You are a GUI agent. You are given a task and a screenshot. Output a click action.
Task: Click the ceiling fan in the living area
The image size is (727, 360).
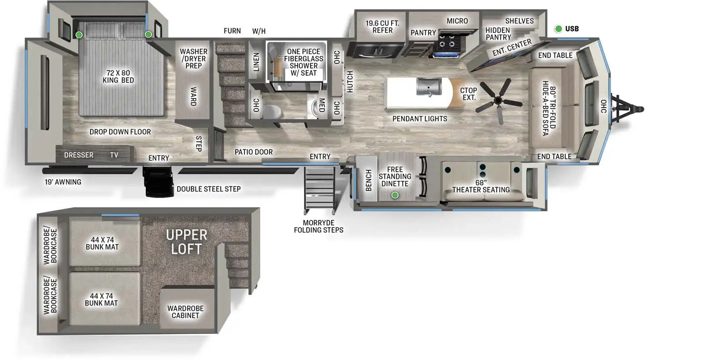pos(499,100)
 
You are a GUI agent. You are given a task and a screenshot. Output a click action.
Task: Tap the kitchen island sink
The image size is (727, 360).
pos(429,87)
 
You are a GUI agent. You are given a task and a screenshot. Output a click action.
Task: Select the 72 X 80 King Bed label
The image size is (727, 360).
pos(118,76)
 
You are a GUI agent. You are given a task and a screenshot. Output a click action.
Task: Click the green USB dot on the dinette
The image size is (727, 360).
pos(395,195)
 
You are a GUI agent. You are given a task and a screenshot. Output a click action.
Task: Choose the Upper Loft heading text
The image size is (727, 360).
pos(187,242)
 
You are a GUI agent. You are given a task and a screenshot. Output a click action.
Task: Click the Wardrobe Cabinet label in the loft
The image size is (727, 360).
pos(185,312)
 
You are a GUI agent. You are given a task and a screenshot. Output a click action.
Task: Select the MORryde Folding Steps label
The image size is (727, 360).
pos(319,226)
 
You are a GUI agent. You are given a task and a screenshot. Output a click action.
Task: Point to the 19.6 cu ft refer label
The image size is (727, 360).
pos(382,27)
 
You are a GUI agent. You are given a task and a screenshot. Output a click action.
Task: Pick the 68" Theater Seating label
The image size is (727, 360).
pos(481,186)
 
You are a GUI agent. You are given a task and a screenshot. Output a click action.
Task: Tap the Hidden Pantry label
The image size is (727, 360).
pos(498,34)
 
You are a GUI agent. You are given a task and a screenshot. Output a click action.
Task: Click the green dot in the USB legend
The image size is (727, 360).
pos(558,29)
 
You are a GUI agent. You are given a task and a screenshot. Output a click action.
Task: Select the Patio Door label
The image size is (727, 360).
pos(254,152)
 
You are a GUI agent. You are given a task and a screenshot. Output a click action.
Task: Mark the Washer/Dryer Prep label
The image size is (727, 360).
pos(194,59)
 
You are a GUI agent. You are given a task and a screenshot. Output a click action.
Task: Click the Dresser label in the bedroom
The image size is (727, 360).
pos(79,155)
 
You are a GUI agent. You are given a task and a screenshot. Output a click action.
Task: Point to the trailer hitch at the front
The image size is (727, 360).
pos(627,109)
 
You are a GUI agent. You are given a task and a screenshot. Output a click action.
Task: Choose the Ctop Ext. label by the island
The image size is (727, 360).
pos(468,94)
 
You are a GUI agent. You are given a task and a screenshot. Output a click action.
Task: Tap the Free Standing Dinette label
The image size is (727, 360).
pos(395,177)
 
